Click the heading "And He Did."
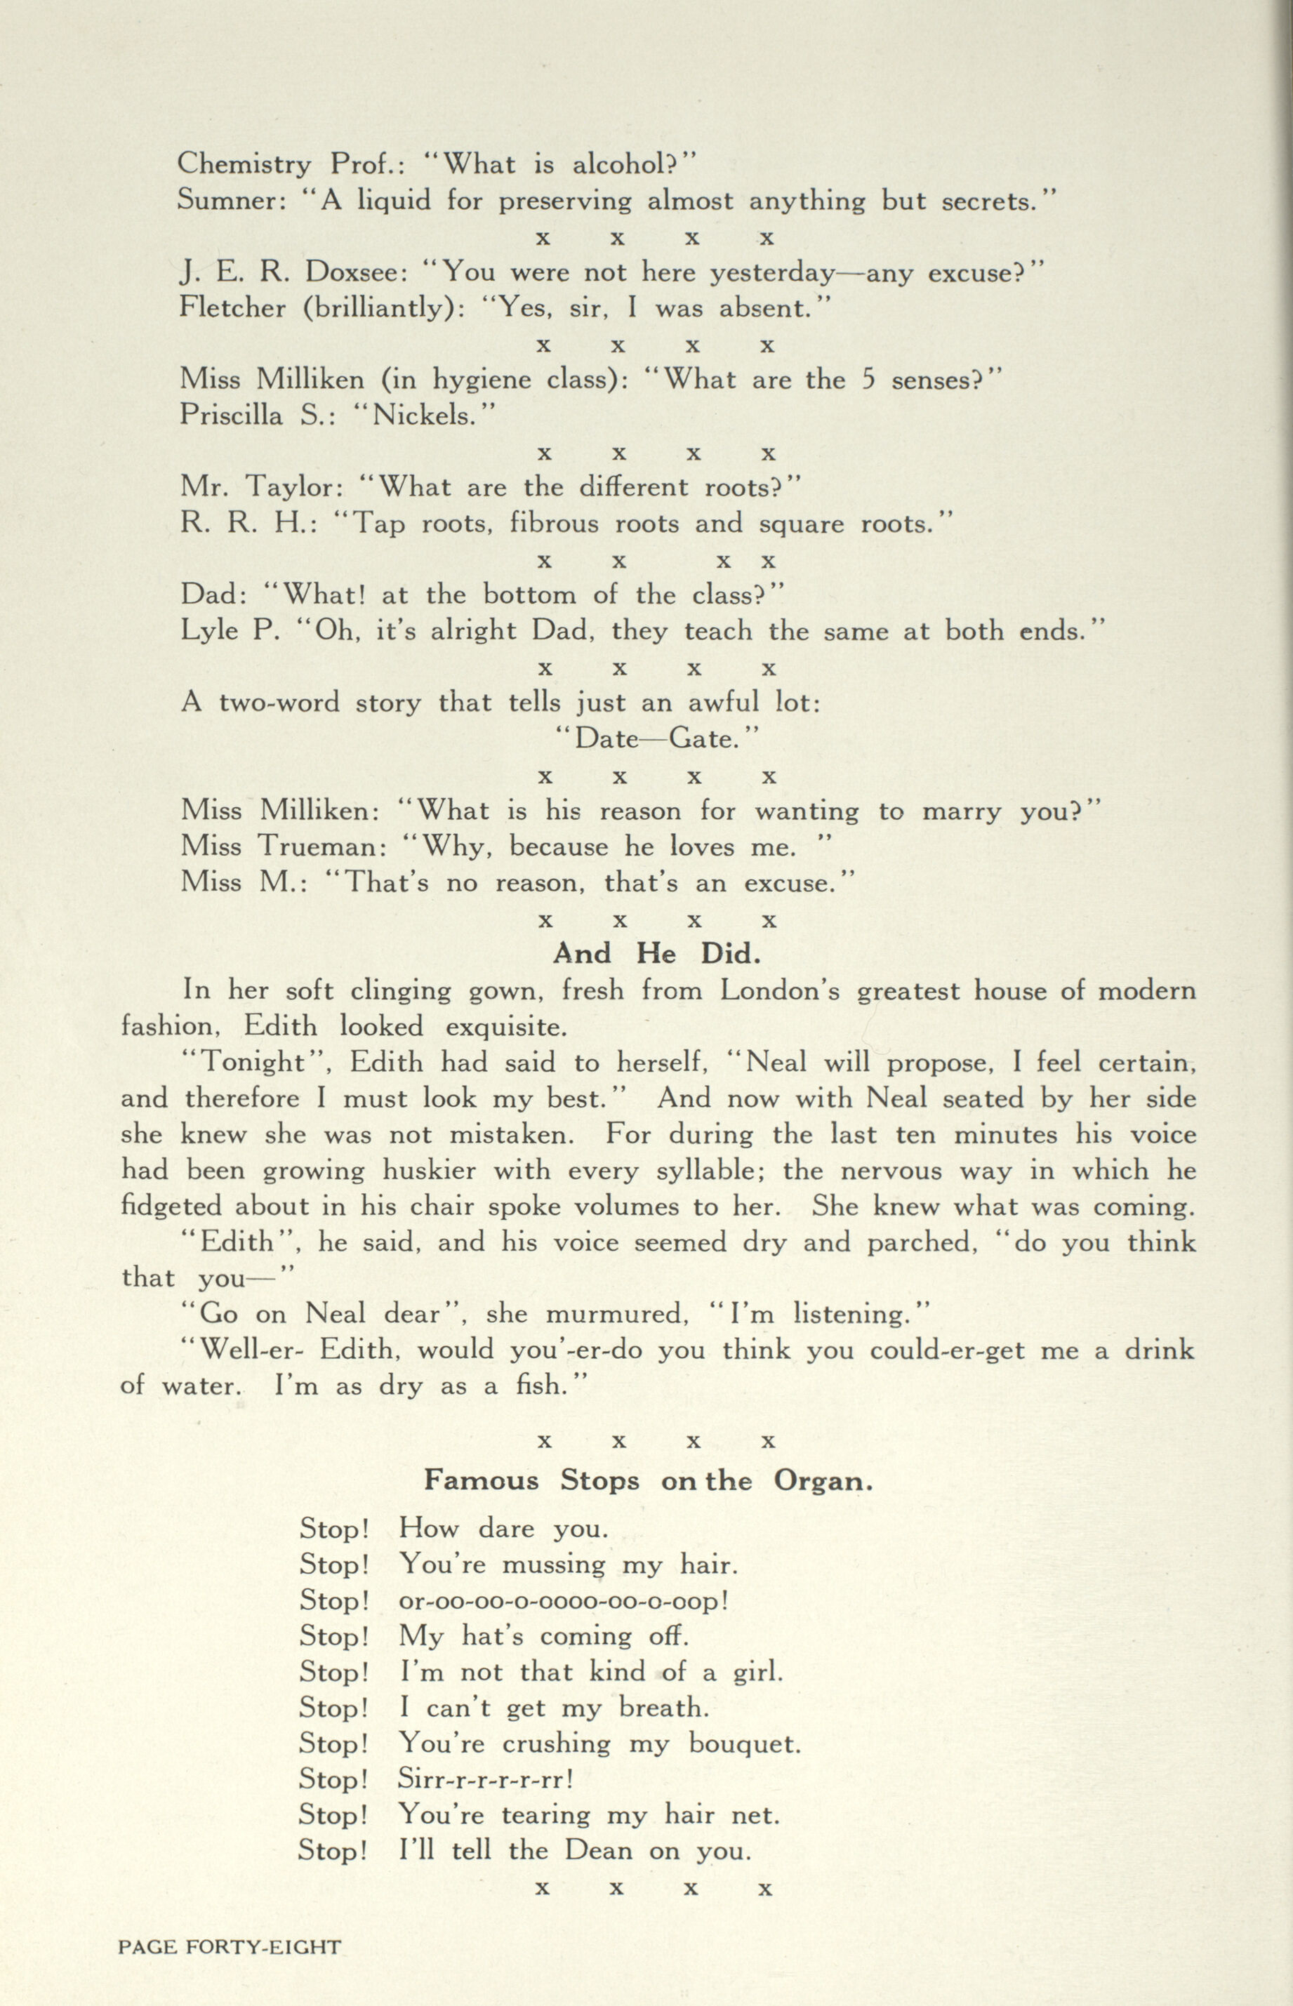coord(656,955)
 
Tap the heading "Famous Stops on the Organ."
coord(648,1479)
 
